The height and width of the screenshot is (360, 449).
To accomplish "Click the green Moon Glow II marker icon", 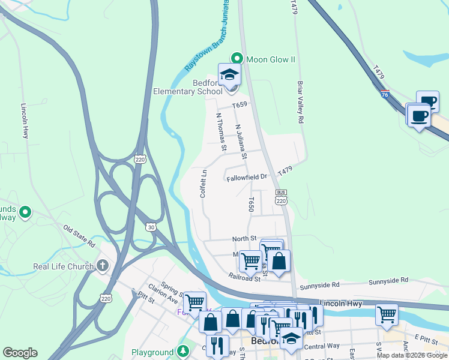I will point(237,59).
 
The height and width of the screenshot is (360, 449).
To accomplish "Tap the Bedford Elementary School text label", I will point(179,87).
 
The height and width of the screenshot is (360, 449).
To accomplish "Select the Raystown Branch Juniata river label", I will point(202,50).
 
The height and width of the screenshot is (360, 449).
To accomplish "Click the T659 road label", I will point(240,104).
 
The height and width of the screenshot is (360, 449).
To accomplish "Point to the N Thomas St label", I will point(221,131).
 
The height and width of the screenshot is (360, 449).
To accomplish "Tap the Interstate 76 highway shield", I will point(384,94).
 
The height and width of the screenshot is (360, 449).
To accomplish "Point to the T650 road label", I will point(252,205).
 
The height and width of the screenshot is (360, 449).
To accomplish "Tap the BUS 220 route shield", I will point(281,197).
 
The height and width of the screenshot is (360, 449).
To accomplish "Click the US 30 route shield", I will point(150,226).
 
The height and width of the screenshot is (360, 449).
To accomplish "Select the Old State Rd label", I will point(79,236).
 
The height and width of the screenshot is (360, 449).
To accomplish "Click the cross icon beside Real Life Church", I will point(103,265).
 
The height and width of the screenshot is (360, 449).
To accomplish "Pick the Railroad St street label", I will point(244,278).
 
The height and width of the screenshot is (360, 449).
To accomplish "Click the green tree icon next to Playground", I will point(182,351).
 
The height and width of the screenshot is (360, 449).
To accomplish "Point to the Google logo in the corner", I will point(20,353).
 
